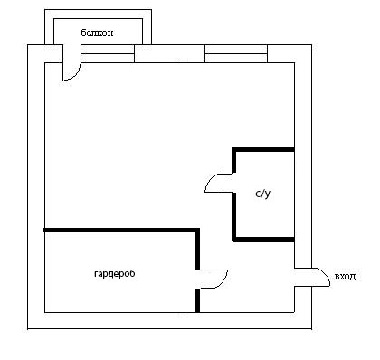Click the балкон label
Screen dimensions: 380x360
[x=97, y=33]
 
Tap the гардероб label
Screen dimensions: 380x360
[x=115, y=274]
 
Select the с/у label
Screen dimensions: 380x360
[x=262, y=194]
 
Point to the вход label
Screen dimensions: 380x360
[x=345, y=277]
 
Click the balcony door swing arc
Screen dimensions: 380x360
[x=76, y=75]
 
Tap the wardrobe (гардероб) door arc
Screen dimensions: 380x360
[x=223, y=281]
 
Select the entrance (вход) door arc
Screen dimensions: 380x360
[x=325, y=274]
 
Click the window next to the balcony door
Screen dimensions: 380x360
[x=108, y=53]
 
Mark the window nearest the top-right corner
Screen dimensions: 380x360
[x=236, y=53]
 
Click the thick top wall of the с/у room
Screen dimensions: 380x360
[x=263, y=149]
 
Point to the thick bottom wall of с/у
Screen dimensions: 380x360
[x=263, y=239]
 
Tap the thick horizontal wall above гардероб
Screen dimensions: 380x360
[x=121, y=231]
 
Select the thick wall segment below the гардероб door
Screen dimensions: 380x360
[x=197, y=300]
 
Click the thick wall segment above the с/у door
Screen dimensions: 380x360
[x=233, y=160]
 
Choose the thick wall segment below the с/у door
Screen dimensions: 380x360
[x=233, y=216]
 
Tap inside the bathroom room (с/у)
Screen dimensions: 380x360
[x=265, y=217]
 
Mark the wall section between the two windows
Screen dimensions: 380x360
[x=169, y=53]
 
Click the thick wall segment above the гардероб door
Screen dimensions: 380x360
[x=197, y=249]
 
